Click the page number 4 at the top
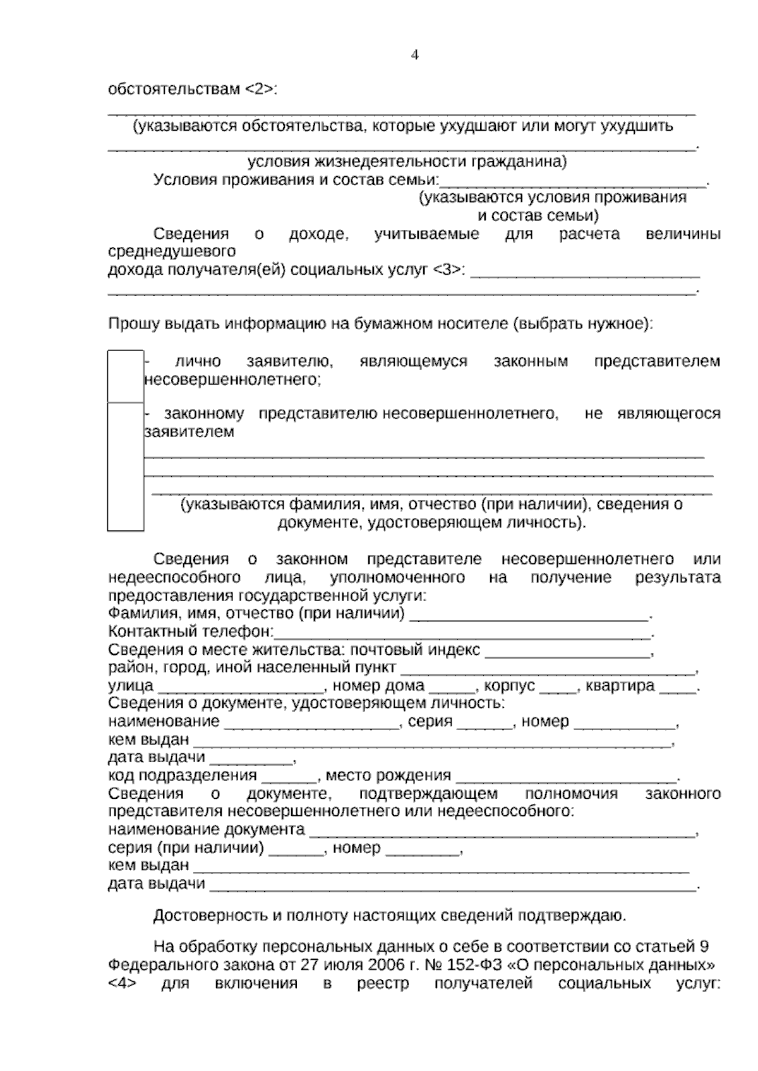[x=415, y=56]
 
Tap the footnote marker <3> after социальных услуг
[x=450, y=270]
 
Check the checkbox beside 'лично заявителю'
[x=125, y=375]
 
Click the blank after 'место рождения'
[x=565, y=776]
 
